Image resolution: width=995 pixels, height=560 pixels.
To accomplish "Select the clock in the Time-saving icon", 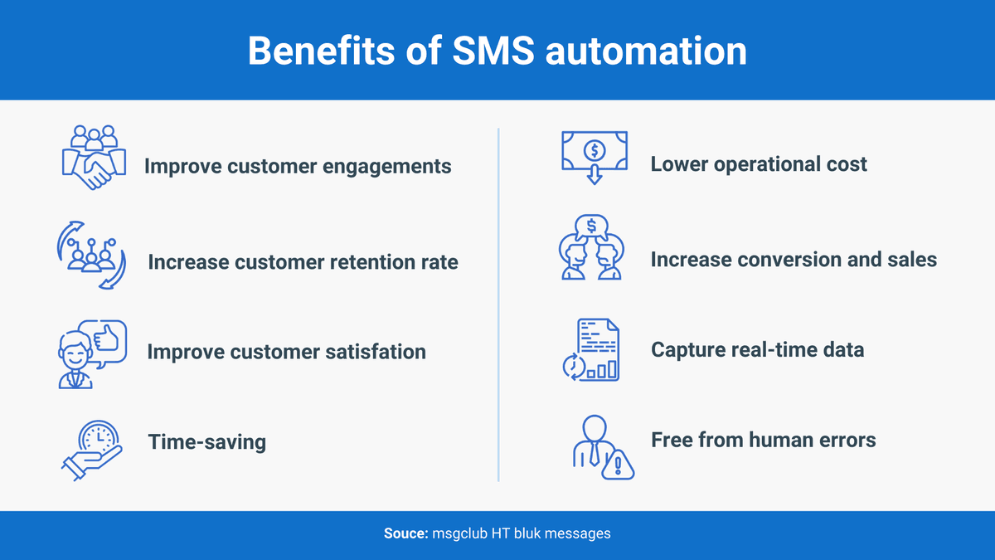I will point(99,436).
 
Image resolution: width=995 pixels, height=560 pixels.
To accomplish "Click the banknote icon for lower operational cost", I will point(595,151).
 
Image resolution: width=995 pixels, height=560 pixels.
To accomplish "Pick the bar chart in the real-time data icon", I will point(602,368).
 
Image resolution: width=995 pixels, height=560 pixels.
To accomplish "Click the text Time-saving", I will point(207,441).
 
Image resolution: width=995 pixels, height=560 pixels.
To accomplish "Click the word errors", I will point(845,439).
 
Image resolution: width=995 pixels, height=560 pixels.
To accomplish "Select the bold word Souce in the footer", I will point(405,533).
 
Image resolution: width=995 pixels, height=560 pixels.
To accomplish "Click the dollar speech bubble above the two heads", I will point(590,226).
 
